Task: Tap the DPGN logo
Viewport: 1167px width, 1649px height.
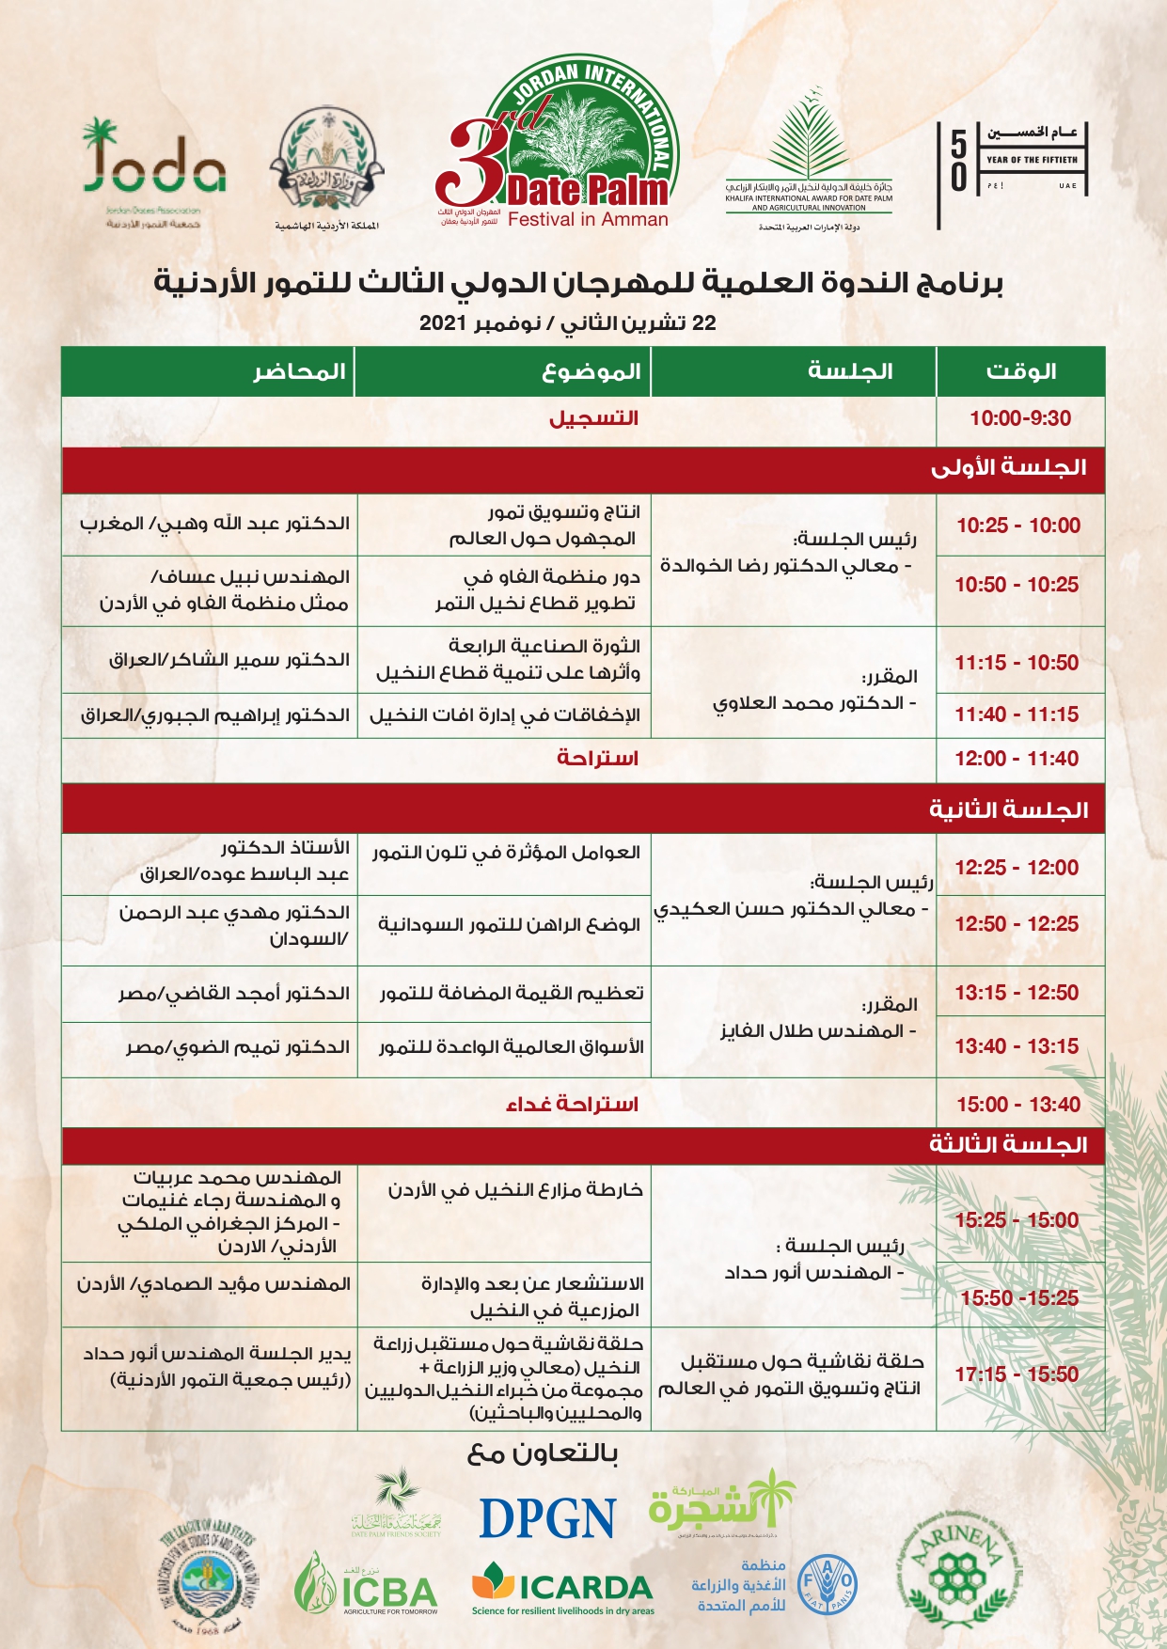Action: pyautogui.click(x=547, y=1518)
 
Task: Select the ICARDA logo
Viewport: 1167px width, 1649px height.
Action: pyautogui.click(x=562, y=1589)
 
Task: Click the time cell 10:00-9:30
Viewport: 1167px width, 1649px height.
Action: pyautogui.click(x=1020, y=418)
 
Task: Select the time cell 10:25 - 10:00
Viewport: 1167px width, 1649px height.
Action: pyautogui.click(x=1018, y=526)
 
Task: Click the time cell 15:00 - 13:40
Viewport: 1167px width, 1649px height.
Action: pyautogui.click(x=1018, y=1105)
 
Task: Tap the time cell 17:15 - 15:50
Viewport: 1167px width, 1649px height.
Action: pyautogui.click(x=1017, y=1374)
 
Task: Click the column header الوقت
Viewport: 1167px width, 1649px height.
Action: pyautogui.click(x=1020, y=371)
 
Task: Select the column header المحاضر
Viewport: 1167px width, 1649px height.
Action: pyautogui.click(x=300, y=371)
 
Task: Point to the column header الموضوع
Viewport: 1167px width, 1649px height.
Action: pyautogui.click(x=591, y=371)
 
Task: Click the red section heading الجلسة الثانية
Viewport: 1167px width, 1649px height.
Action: pyautogui.click(x=1008, y=809)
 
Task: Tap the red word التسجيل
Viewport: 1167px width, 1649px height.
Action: pyautogui.click(x=593, y=418)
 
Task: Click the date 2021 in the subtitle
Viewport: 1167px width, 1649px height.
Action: pyautogui.click(x=444, y=323)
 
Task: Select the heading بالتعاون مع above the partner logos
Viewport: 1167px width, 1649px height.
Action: pyautogui.click(x=543, y=1453)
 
